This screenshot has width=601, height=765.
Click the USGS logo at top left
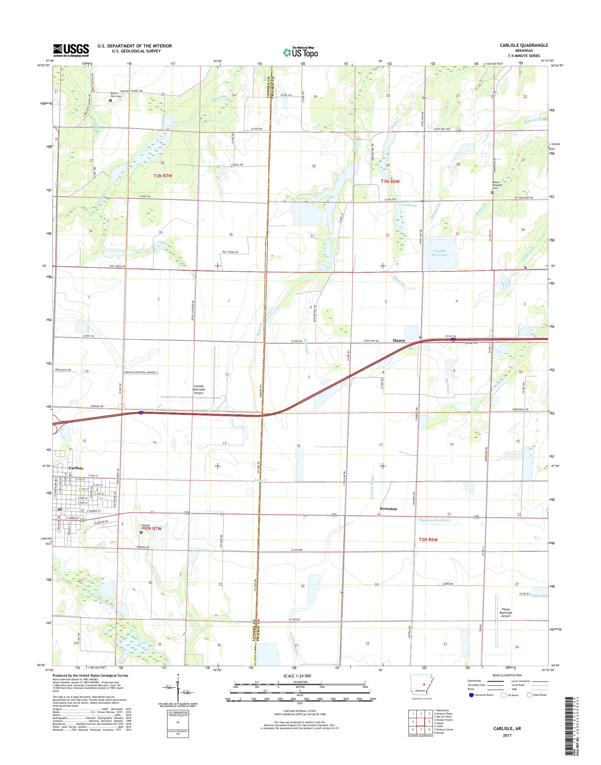pos(71,50)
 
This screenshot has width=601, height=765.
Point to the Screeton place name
pos(388,509)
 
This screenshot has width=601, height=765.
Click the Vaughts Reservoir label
pos(440,253)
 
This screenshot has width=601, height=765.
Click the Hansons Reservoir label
pos(435,520)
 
